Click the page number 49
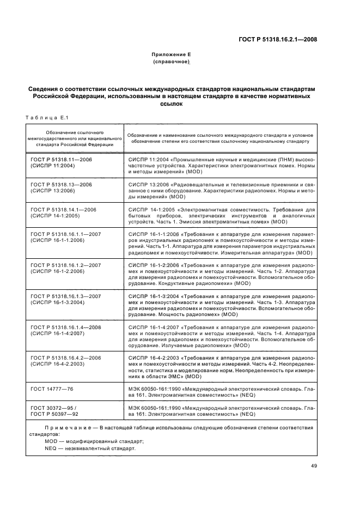coord(314,465)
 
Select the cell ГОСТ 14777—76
coord(52,389)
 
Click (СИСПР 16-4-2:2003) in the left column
coord(57,365)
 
